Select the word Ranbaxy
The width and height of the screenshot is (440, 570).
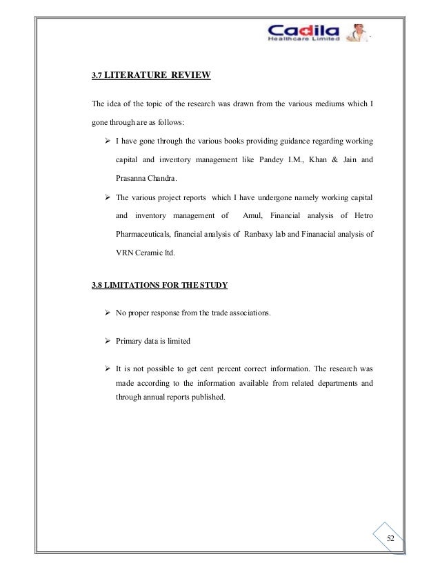click(260, 234)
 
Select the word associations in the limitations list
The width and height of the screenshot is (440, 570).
click(248, 314)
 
